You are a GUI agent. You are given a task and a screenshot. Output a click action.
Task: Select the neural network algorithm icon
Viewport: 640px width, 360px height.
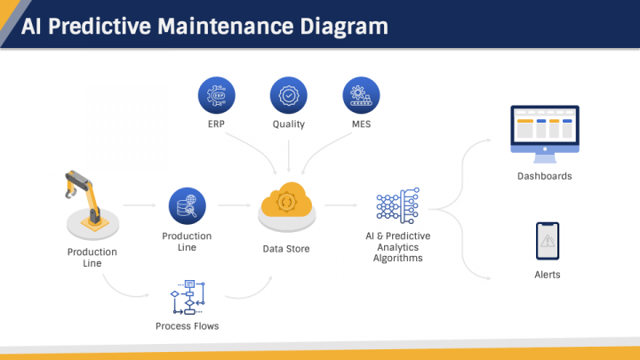[396, 205]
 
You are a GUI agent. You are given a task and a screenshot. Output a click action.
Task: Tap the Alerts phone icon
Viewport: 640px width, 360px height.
[547, 240]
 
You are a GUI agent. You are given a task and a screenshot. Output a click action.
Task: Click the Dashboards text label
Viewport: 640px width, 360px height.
[544, 176]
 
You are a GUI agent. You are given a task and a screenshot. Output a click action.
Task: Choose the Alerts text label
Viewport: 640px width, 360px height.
[548, 275]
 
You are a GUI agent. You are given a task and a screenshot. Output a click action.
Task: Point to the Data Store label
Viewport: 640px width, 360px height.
[286, 249]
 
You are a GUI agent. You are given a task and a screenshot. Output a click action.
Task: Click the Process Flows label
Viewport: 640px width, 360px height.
[187, 326]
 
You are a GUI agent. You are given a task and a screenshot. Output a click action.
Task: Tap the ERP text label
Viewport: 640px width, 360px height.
[216, 124]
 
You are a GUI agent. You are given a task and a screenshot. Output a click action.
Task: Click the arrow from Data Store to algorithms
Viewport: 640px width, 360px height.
[340, 206]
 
